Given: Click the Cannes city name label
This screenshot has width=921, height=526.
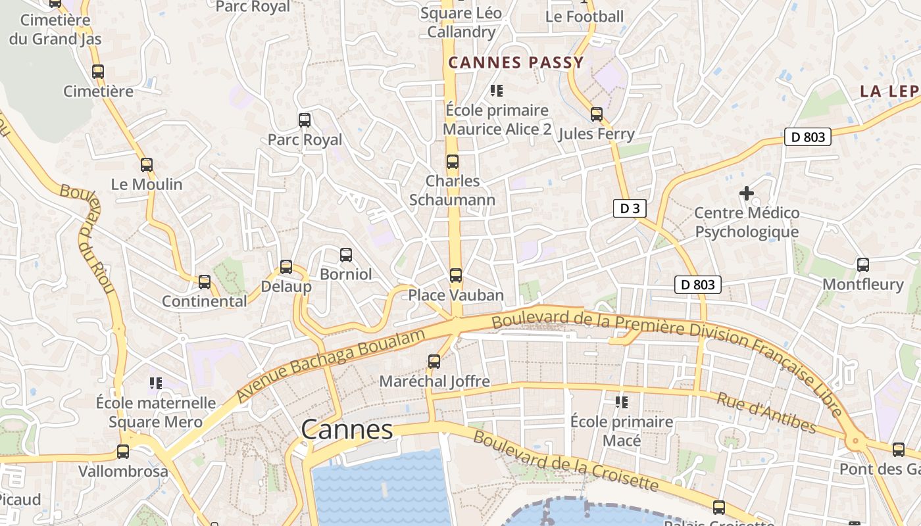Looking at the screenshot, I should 347,429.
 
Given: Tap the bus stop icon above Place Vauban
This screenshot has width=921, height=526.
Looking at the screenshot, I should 455,275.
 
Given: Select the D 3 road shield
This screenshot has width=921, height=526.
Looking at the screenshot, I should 629,208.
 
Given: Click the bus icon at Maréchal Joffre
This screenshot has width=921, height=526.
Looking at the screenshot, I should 434,361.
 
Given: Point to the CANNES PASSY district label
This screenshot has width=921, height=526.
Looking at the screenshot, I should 516,62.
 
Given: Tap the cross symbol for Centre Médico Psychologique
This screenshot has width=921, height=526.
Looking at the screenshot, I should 746,193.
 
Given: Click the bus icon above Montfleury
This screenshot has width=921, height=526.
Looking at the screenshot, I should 862,265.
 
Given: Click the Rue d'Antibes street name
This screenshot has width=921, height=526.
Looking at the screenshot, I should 766,414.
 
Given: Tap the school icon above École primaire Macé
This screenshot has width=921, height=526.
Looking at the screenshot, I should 621,401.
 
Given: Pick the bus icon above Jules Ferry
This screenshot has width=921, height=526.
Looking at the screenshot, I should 596,114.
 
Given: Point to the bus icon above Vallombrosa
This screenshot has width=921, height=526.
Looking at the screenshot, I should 123,452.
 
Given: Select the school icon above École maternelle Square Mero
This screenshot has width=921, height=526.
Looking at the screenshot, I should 155,383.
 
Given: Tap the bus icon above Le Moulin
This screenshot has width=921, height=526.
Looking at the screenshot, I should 146,165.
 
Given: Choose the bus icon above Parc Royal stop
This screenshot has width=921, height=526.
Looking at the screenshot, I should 304,120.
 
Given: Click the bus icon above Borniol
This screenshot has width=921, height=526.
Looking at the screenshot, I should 345,254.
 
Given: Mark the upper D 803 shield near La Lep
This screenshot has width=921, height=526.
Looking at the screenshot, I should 807,137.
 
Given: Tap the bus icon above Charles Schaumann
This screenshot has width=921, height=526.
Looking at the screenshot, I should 452,161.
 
